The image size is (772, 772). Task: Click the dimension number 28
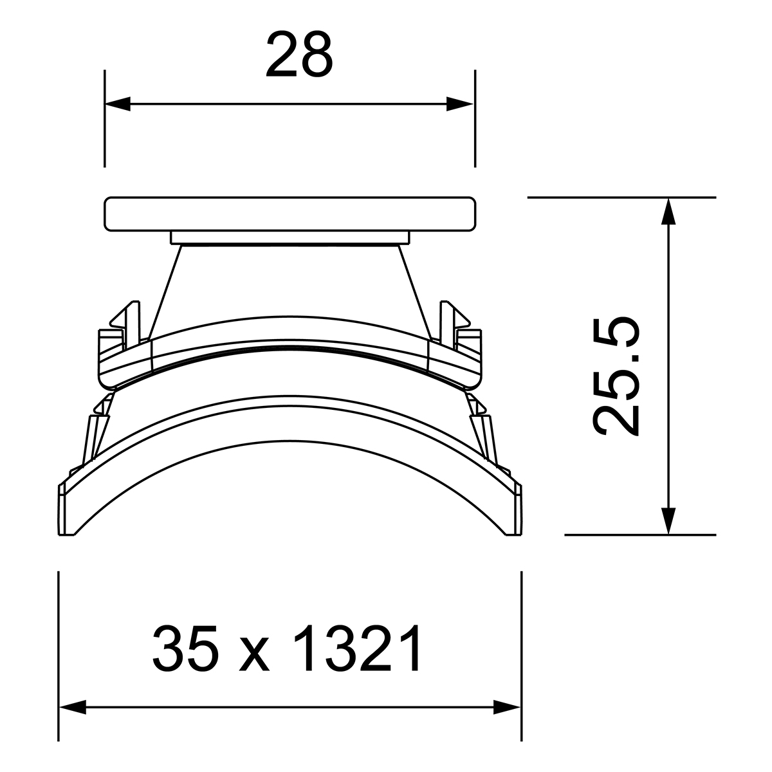point(299,55)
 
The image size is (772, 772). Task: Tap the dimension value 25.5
point(616,377)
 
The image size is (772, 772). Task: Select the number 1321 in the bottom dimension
point(357,648)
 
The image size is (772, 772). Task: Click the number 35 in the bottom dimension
point(187,648)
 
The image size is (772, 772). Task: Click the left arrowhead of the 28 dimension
point(118,104)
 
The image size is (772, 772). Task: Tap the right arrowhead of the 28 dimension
point(460,104)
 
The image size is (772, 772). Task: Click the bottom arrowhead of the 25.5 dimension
point(668,521)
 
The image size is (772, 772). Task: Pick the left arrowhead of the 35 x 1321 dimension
point(73,719)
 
